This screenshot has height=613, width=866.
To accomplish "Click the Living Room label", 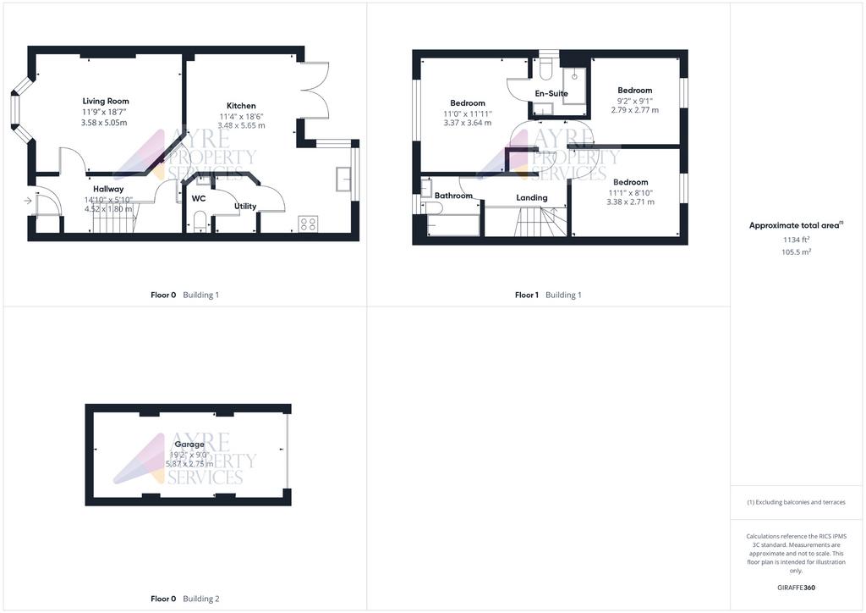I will [106, 101].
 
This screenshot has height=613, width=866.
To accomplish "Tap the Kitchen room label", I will [241, 106].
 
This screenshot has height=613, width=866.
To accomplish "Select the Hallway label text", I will [108, 189].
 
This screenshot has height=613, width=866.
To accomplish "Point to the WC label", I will [199, 198].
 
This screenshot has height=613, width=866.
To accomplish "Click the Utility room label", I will [245, 206].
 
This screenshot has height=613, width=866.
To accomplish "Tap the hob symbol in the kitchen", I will [308, 224].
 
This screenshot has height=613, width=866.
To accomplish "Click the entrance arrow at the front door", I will [28, 201].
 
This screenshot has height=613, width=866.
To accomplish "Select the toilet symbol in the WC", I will [198, 221].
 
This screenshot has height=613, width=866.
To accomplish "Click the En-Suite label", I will [551, 93].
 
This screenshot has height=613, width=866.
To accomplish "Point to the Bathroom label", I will [453, 196].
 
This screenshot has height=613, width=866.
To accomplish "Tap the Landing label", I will [532, 197].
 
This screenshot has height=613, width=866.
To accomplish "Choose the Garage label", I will [189, 444].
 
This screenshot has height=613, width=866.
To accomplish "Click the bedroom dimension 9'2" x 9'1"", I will [634, 101].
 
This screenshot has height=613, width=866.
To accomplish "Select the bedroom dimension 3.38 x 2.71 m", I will [631, 202].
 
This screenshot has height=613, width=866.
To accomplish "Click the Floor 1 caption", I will [526, 295].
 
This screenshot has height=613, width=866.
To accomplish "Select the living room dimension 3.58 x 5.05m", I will [105, 123].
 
